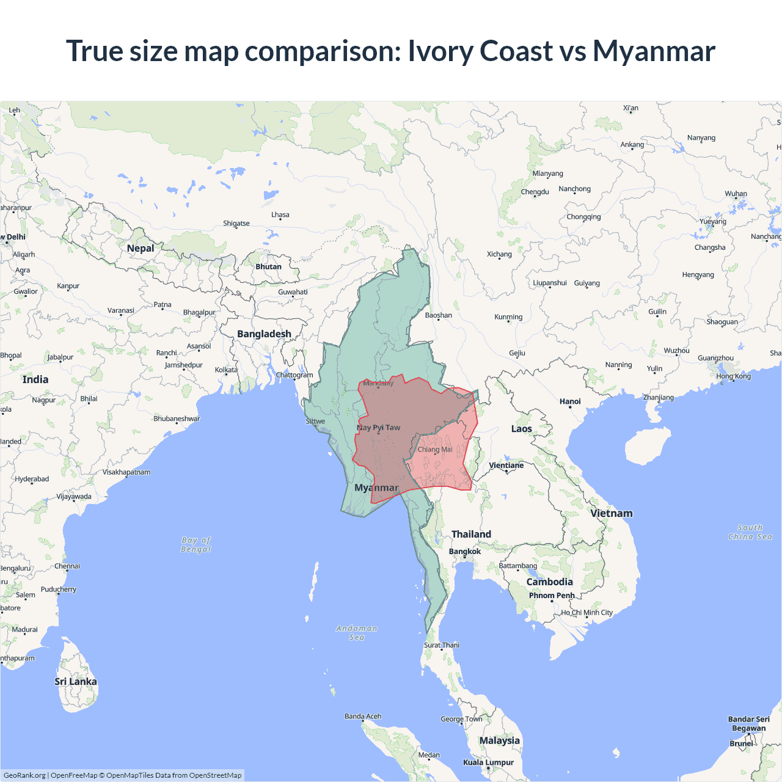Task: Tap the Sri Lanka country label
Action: [76, 682]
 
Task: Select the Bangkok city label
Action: [465, 552]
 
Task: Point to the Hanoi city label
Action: [570, 401]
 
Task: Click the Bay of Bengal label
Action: [196, 544]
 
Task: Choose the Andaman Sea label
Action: [357, 633]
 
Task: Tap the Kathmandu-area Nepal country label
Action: [141, 248]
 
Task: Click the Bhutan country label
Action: [269, 267]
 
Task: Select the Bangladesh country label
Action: [264, 334]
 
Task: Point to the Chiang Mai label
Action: [435, 450]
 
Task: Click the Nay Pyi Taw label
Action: [379, 428]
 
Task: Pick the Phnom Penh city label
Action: [552, 596]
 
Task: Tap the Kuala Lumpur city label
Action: [488, 762]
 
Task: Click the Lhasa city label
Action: [280, 215]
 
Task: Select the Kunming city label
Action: [508, 317]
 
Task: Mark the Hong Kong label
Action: [734, 376]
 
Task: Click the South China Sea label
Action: [750, 532]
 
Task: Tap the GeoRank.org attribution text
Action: [24, 775]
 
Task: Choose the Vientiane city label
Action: [506, 466]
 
